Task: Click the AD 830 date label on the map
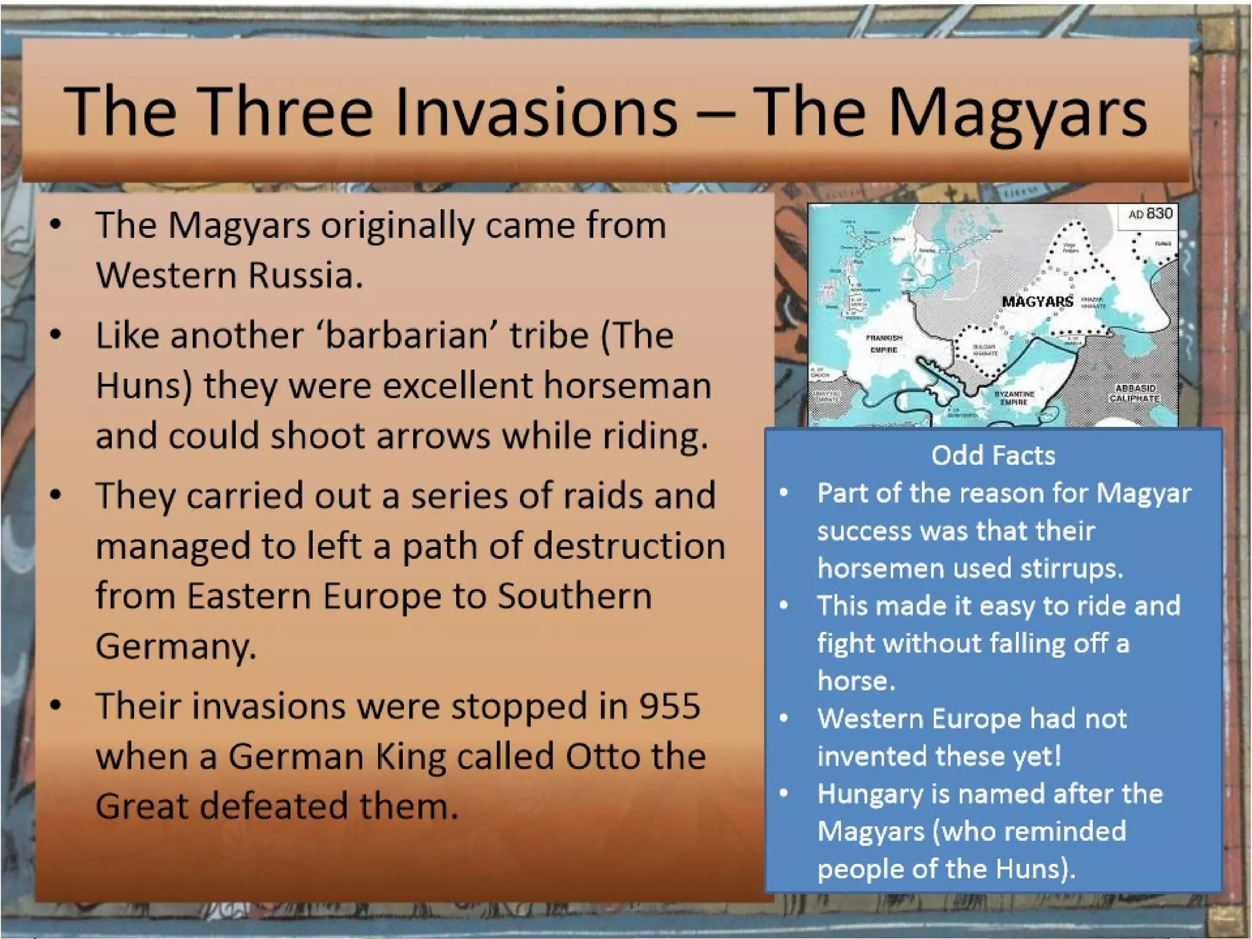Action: (1150, 214)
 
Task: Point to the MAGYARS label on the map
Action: (1037, 301)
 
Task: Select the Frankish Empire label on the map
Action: (883, 344)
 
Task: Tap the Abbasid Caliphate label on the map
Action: (1135, 393)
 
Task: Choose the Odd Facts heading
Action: (993, 455)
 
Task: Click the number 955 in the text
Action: (669, 706)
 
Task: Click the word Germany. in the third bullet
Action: (176, 647)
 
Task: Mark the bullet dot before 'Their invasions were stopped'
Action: (56, 705)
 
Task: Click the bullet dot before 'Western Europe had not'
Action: (784, 719)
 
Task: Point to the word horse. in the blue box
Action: (856, 681)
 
